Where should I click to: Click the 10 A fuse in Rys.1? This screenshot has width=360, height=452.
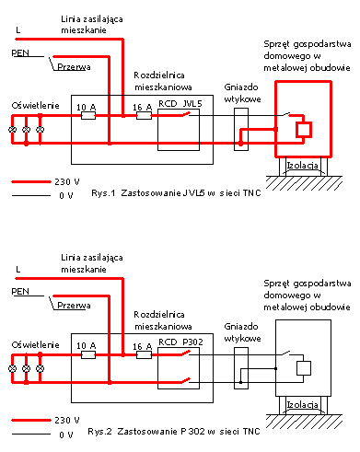[x=88, y=116]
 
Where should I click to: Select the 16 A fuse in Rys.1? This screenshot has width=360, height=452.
[x=144, y=116]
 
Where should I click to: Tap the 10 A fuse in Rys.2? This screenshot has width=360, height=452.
[x=88, y=355]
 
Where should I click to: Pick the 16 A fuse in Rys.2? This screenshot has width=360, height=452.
[x=144, y=355]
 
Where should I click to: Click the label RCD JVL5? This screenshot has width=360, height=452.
[x=180, y=104]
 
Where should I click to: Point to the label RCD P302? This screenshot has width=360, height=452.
[x=180, y=342]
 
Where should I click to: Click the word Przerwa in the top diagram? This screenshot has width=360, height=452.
[x=74, y=67]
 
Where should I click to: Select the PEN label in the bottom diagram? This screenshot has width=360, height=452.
[x=20, y=291]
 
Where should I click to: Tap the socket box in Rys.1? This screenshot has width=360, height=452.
[x=241, y=129]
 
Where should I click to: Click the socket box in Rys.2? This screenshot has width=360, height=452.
[x=241, y=368]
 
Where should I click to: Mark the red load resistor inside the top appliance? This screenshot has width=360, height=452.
[x=304, y=130]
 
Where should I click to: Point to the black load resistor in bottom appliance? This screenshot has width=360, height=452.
[x=304, y=368]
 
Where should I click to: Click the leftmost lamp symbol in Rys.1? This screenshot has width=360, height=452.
[x=12, y=130]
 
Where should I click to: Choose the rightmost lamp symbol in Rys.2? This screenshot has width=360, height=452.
[x=41, y=368]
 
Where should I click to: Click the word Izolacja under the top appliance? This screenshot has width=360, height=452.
[x=303, y=166]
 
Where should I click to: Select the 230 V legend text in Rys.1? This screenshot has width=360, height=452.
[x=67, y=182]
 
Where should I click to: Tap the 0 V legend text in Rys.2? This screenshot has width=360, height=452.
[x=66, y=435]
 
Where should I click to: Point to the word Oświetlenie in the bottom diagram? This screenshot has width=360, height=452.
[x=35, y=344]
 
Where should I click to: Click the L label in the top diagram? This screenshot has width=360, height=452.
[x=18, y=30]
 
